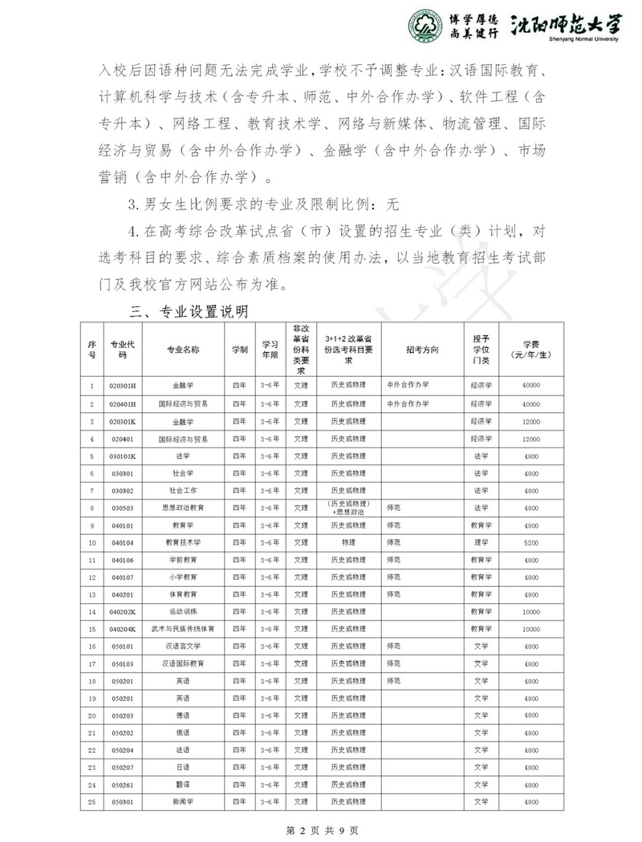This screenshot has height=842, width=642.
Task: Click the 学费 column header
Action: click(530, 350)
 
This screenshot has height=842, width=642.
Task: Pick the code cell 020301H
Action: click(123, 385)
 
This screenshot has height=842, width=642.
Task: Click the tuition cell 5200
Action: click(530, 543)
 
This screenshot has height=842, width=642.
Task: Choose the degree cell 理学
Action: click(481, 543)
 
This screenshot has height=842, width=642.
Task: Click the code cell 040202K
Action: click(123, 612)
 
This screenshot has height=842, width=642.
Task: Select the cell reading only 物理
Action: click(347, 543)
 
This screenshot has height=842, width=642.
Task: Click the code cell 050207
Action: click(123, 767)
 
